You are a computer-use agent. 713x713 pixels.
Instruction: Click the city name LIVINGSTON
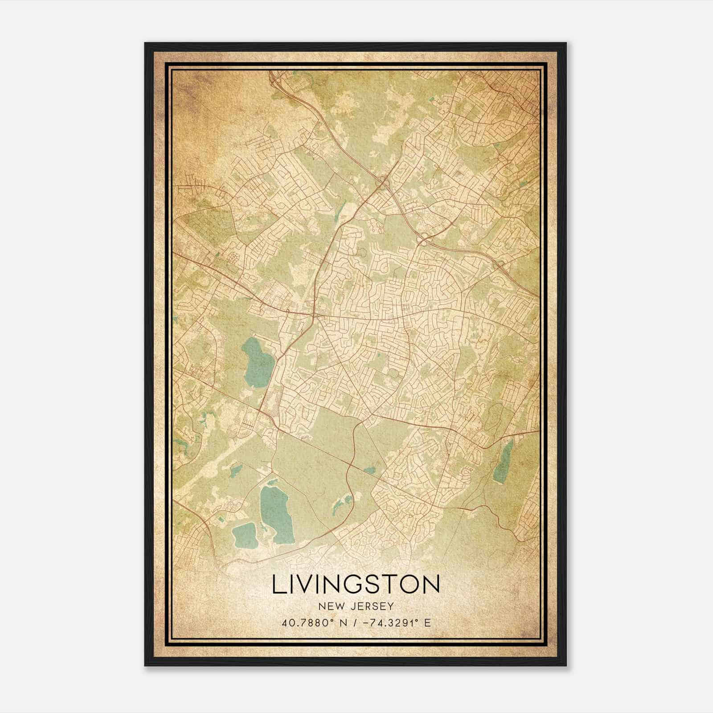(x=356, y=585)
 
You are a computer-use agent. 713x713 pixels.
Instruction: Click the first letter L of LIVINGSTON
(x=278, y=585)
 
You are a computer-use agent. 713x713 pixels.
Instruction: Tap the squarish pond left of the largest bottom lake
(x=245, y=535)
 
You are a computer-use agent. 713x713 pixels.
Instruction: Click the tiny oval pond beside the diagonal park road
(x=369, y=469)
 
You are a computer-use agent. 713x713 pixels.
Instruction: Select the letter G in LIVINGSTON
(x=357, y=585)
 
